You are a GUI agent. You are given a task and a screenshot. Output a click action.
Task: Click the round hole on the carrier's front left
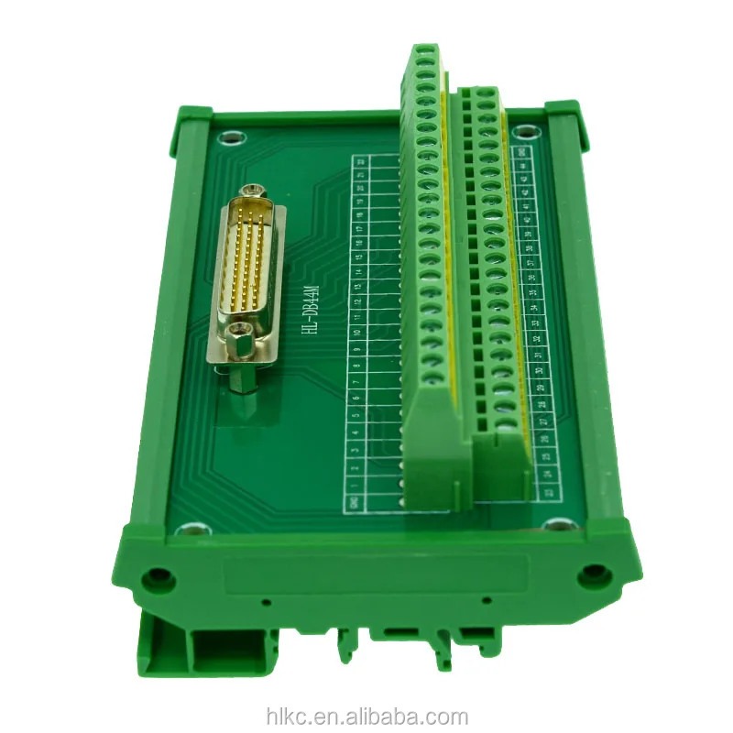coord(160,578)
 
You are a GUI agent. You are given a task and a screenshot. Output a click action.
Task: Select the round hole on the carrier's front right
coord(594,574)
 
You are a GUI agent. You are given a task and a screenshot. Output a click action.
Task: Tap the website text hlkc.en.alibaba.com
coord(366,717)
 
